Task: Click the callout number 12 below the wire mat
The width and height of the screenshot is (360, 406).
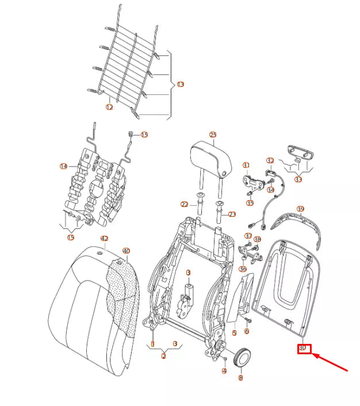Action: (109, 106)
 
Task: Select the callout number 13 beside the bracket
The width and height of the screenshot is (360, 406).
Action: (180, 85)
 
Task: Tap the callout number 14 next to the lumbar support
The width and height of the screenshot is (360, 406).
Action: (63, 166)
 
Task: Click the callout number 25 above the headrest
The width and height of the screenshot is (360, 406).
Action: (213, 135)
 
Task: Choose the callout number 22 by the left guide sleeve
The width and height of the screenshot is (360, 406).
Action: (184, 205)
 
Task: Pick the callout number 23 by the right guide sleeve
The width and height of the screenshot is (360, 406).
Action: (232, 215)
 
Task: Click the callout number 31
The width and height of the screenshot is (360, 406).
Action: (246, 166)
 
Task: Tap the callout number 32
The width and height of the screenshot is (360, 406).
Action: (270, 160)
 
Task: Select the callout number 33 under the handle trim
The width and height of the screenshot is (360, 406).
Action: (298, 179)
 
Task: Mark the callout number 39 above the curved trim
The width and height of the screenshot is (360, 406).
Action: (300, 209)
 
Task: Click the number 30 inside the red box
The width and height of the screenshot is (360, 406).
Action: (303, 348)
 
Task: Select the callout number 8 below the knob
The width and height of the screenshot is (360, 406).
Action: (240, 378)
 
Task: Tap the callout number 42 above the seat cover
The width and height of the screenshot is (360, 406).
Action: (104, 238)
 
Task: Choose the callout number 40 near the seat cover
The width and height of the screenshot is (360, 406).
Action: (127, 251)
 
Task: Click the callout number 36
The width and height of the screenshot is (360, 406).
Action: (243, 269)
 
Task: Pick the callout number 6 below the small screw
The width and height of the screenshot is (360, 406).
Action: (247, 331)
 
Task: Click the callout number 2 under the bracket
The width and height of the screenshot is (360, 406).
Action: (163, 357)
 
